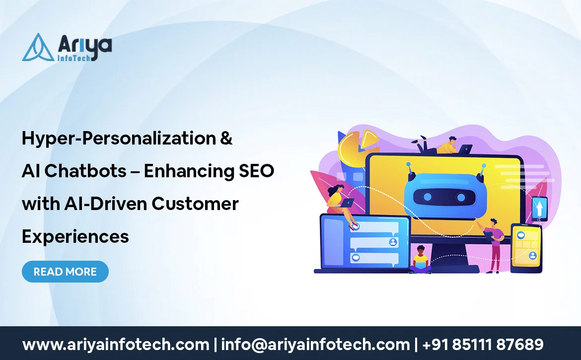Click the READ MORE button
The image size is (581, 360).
(65, 272)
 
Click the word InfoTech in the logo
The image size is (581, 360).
(74, 58)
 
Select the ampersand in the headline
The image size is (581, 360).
(226, 138)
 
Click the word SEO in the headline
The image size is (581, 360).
(256, 171)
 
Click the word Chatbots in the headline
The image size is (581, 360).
(85, 171)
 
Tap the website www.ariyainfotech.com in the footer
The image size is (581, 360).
(116, 345)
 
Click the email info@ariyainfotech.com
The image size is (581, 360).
(315, 345)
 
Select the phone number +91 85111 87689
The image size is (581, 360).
(483, 345)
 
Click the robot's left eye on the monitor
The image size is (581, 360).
(427, 197)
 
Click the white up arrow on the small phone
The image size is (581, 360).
(539, 208)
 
